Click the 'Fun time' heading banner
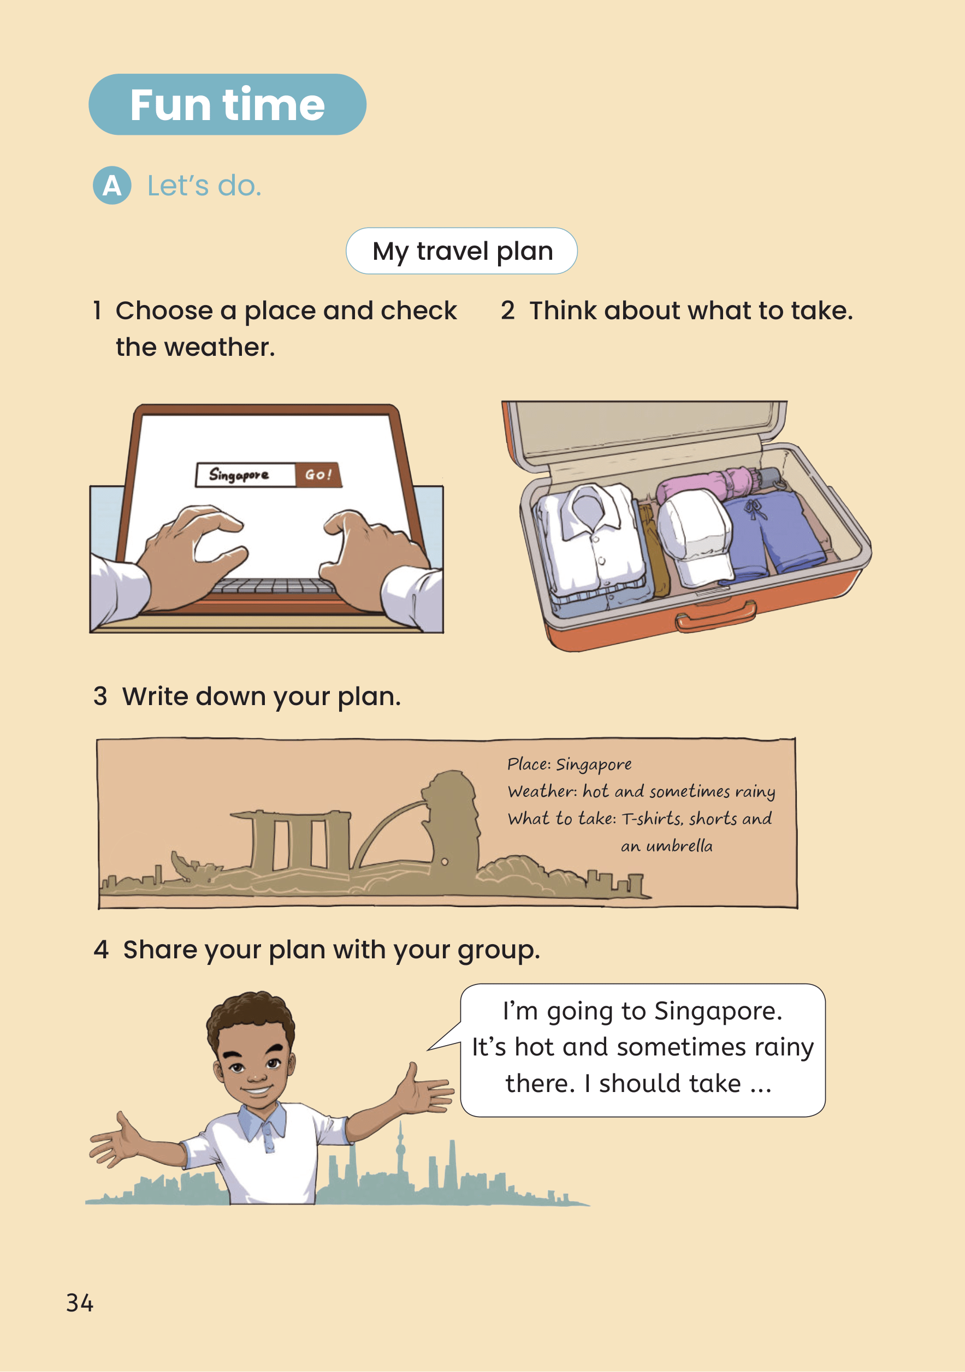[x=227, y=105]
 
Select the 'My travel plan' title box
[x=461, y=251]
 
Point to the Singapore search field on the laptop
[x=245, y=475]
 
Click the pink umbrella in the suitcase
[x=714, y=485]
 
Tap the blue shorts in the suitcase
[x=771, y=535]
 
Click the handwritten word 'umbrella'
[x=679, y=846]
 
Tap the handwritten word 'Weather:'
[x=541, y=792]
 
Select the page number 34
[x=80, y=1303]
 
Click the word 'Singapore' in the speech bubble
[x=718, y=1012]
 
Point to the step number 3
[x=100, y=697]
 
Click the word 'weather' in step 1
[x=219, y=347]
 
